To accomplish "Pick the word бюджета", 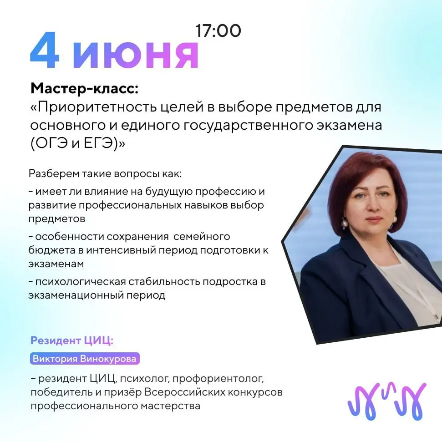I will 51,250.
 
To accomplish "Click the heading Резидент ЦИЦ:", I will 72,340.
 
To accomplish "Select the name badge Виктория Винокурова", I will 85,359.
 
